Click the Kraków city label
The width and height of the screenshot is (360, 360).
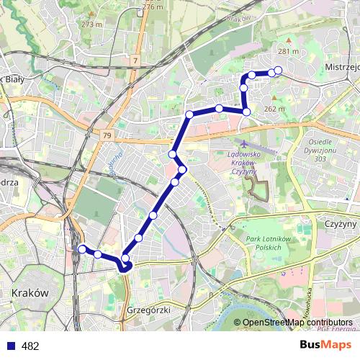coord(30,294)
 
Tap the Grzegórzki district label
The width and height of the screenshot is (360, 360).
coord(148,310)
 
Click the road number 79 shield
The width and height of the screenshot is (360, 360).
coord(107,135)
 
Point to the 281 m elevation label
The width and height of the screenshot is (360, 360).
coord(288,51)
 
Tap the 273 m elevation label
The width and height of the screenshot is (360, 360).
coord(91,24)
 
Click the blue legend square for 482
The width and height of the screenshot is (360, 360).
coord(10,346)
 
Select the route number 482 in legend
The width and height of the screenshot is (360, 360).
coord(30,346)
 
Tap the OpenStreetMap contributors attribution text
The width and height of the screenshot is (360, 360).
coord(297,323)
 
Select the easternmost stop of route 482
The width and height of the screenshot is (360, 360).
coord(278,70)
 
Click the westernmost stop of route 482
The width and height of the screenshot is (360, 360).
coord(81,249)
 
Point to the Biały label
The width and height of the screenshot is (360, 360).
coord(13,80)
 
